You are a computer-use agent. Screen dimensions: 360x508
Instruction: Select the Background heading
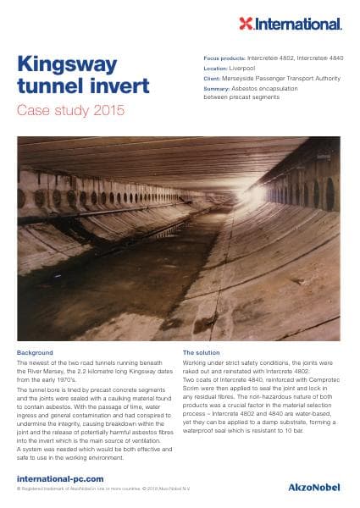(35, 351)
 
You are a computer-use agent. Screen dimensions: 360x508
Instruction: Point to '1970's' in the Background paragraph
(74, 378)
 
